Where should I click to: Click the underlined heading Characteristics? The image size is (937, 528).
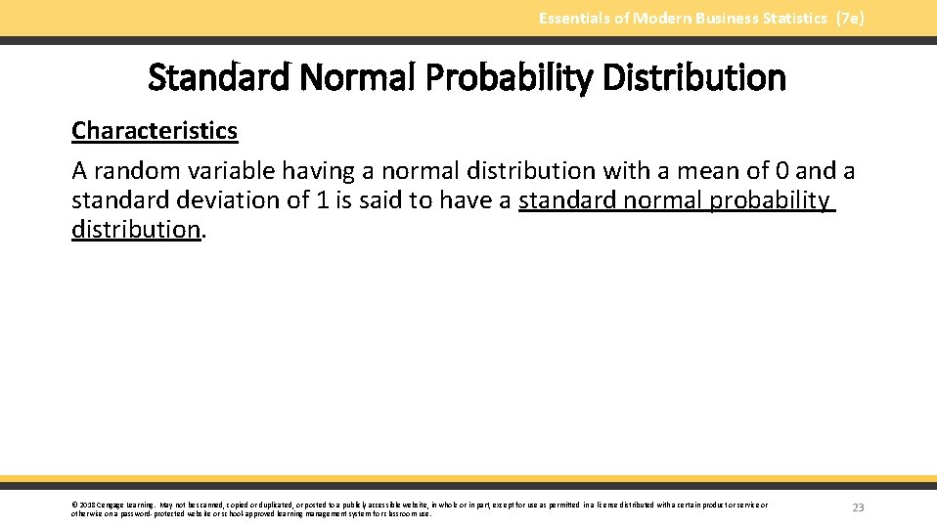[155, 131]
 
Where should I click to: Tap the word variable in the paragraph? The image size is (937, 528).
[230, 171]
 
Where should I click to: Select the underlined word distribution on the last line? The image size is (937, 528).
[136, 230]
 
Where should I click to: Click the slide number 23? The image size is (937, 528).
[858, 507]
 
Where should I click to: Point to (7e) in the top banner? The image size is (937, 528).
[850, 19]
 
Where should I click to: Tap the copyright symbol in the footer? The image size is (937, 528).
[74, 506]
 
